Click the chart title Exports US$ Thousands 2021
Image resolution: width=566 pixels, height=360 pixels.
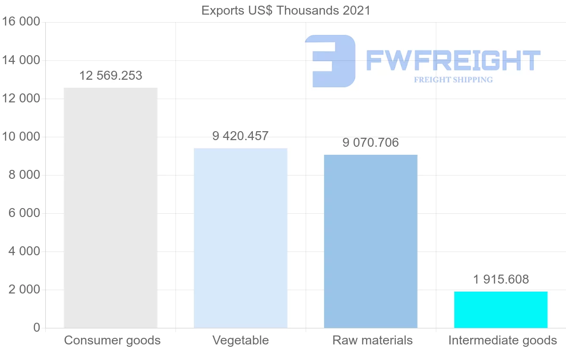point(286,10)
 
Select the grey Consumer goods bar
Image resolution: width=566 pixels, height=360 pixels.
point(110,208)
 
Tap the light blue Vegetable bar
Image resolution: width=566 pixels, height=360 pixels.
point(241,238)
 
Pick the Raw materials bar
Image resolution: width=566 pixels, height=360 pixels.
point(371,241)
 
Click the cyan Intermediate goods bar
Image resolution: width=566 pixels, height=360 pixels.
point(501,310)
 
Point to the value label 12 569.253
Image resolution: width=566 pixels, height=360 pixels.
point(110,75)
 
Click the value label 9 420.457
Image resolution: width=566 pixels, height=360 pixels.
point(241,136)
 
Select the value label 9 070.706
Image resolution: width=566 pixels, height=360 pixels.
point(371,142)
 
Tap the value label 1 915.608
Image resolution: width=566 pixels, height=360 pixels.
point(501,279)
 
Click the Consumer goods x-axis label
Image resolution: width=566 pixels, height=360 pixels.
point(112,340)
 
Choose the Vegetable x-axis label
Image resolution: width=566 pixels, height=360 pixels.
point(241,340)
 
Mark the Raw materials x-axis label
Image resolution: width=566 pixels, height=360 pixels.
point(373,340)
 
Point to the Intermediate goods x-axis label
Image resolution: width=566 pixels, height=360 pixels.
point(503,340)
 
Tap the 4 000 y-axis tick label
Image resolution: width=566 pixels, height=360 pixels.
point(24,251)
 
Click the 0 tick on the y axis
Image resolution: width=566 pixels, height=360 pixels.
point(37,328)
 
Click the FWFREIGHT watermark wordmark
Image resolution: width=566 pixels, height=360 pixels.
point(453,61)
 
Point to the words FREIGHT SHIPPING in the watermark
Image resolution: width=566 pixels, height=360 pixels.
point(453,80)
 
